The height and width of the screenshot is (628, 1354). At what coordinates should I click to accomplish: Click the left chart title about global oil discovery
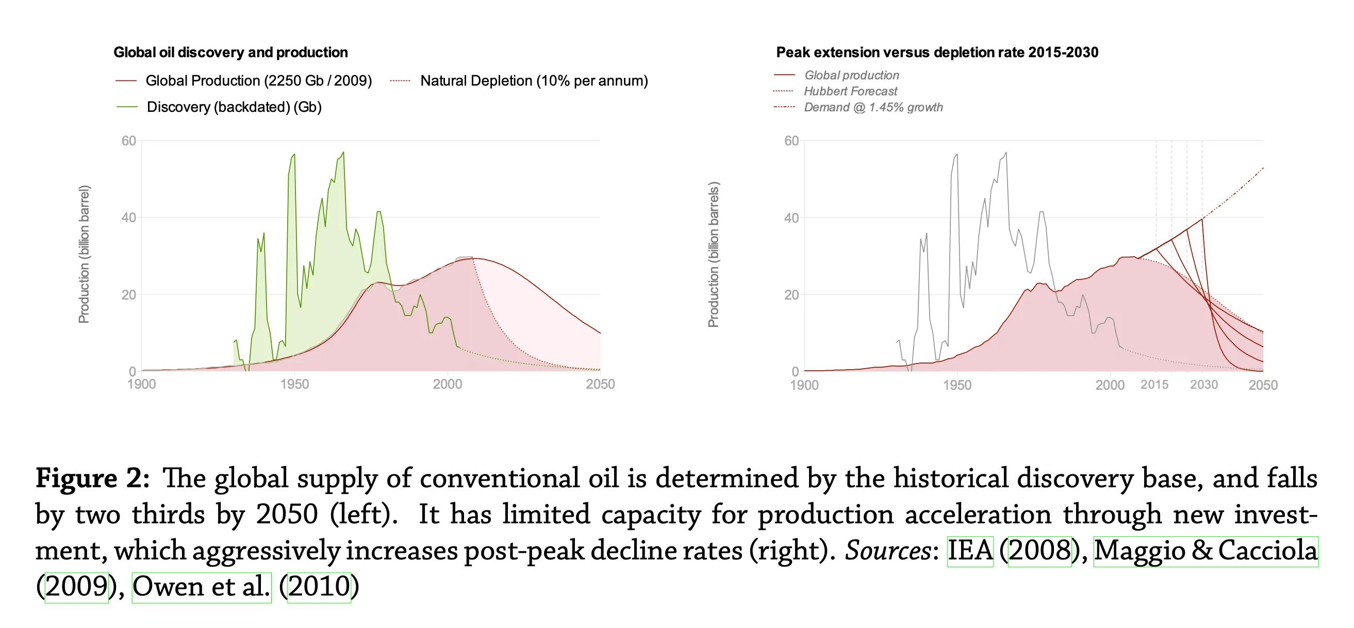point(231,53)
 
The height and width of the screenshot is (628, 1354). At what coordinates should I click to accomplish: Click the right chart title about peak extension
point(937,53)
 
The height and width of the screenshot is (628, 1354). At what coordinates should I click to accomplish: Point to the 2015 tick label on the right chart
point(1154,385)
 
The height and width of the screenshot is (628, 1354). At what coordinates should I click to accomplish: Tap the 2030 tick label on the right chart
point(1203,385)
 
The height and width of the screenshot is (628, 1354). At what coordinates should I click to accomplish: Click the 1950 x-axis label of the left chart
point(294,384)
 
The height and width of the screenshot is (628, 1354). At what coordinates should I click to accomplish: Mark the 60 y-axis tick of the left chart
point(129,141)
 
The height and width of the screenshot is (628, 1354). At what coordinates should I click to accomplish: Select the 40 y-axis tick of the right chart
point(791,218)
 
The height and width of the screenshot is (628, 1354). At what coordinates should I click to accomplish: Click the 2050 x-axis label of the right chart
point(1263,385)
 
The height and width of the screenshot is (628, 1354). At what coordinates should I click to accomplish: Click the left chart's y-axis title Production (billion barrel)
point(84,254)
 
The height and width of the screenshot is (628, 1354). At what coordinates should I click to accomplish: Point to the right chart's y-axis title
point(713,254)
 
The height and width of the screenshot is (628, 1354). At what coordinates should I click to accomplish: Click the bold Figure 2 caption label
point(92,479)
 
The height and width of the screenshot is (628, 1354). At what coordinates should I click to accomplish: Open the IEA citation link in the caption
point(970,551)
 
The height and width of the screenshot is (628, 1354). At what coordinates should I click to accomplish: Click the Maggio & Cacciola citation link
point(1206,551)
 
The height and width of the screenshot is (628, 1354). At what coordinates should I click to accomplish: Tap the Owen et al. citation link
point(201,587)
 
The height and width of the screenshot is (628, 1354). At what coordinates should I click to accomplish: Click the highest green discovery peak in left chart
point(343,153)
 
